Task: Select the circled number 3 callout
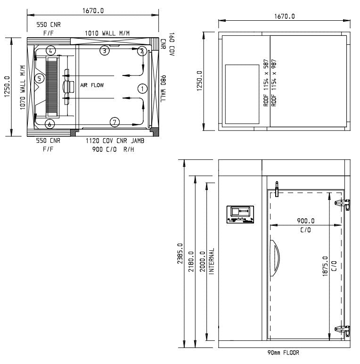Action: pos(104,50)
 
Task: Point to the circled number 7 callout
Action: pos(115,122)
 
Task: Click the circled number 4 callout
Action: pos(51,50)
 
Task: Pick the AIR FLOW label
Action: pos(91,85)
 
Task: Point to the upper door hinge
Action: pos(342,204)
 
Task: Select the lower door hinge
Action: pos(342,330)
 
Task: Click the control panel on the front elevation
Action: pos(241,215)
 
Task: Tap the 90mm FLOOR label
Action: pos(283,353)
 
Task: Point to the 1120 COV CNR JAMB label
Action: pos(115,141)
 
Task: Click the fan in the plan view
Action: pos(67,87)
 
